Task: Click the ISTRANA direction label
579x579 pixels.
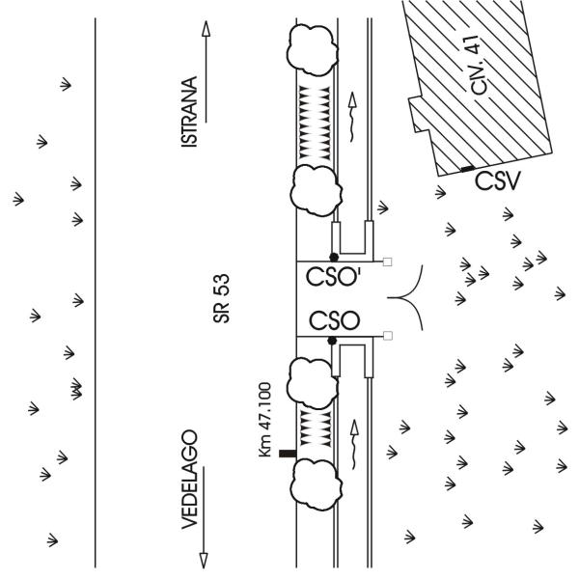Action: (189, 112)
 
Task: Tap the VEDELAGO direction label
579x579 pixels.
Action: (189, 480)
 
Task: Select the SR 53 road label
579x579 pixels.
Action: (222, 298)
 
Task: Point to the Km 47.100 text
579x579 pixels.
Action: (265, 420)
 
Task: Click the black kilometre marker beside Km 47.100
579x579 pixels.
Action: (288, 454)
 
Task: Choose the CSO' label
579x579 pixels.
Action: (334, 277)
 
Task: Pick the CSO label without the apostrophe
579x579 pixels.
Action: (334, 320)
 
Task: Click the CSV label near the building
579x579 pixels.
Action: (498, 181)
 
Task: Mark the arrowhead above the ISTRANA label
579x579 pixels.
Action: (207, 29)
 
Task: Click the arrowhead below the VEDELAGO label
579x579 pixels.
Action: (204, 560)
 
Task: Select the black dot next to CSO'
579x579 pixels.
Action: (334, 257)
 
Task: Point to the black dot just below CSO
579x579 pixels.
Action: (332, 341)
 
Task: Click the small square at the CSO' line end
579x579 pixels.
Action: (387, 262)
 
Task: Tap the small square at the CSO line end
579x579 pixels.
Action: (388, 335)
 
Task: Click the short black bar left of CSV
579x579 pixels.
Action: (468, 169)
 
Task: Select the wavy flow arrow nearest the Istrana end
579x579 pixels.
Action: (352, 117)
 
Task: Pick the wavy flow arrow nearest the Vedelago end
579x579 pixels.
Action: (354, 444)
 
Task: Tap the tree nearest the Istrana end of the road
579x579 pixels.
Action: (313, 50)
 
